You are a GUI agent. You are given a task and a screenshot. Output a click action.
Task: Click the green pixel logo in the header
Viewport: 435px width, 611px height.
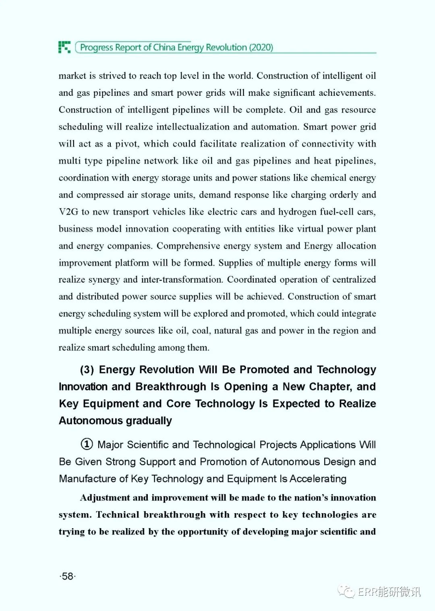click(64, 47)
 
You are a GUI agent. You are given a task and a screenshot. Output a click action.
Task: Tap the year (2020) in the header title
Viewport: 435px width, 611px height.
click(261, 47)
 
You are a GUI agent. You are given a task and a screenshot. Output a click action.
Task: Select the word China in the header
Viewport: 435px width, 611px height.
click(164, 47)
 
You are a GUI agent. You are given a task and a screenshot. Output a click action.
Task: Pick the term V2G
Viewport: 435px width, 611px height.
click(68, 212)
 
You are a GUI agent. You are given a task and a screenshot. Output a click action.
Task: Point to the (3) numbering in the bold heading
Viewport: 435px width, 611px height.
click(87, 370)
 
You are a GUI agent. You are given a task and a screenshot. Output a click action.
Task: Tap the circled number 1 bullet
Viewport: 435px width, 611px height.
click(87, 444)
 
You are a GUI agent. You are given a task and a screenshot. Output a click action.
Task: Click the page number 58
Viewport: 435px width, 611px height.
click(68, 576)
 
